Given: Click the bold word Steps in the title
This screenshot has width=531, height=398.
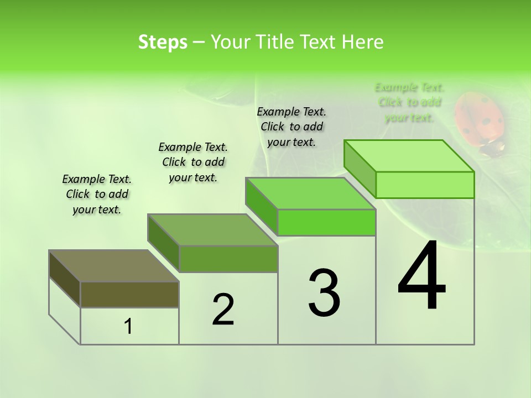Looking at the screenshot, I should pos(163,42).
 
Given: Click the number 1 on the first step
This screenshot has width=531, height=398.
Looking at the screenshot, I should pos(128,327).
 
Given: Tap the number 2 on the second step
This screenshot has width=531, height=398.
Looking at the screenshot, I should pos(223,309).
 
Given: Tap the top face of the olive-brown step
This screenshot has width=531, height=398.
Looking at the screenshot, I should pos(114,266).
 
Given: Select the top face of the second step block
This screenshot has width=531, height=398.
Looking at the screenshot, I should pos(212,230).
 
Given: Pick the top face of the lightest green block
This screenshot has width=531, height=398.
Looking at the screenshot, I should pos(409,156).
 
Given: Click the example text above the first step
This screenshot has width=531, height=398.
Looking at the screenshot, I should pos(97,194).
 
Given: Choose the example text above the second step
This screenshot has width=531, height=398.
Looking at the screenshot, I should pos(193,162).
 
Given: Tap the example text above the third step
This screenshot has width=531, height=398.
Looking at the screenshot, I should pos(291,127).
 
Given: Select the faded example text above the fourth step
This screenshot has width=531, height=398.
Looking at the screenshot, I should pos(409,102).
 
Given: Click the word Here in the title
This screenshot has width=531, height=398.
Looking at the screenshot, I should pos(363,42).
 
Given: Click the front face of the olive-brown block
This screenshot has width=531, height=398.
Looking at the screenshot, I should pos(129,295).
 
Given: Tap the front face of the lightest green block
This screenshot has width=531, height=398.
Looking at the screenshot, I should pos(425,185).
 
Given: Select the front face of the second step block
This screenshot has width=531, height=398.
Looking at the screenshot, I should pos(228,259).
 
